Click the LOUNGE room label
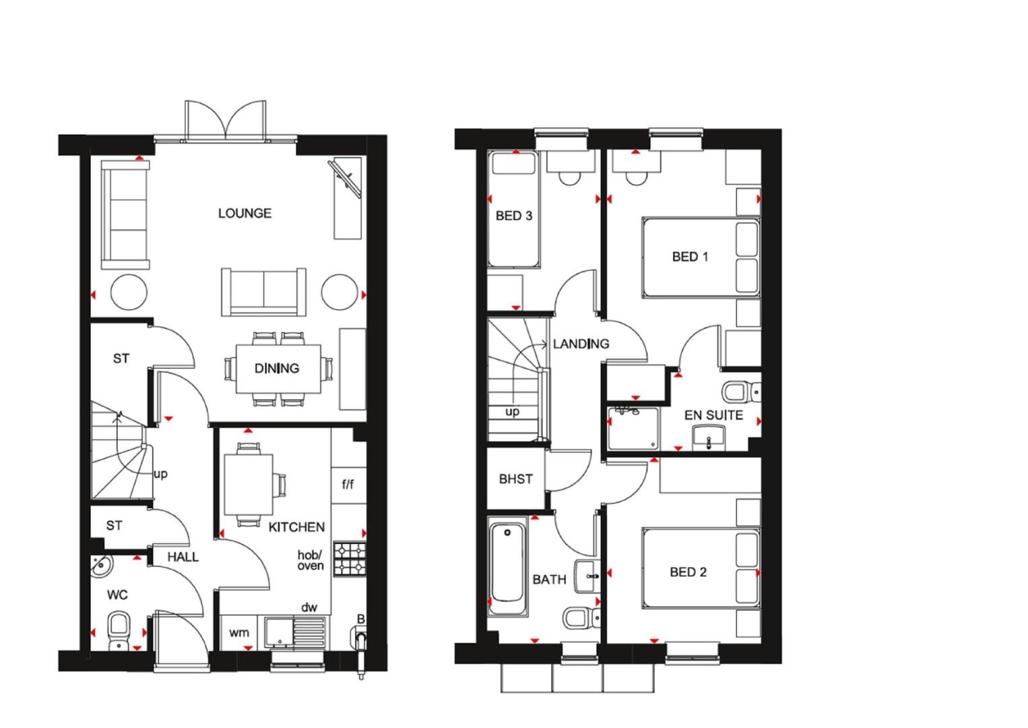coord(245,213)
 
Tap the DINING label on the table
coord(277,368)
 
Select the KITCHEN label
coord(296,526)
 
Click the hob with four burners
coord(350,559)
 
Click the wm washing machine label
coord(238,632)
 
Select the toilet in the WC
coord(119,627)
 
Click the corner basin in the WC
coord(100,566)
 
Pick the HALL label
coord(183,557)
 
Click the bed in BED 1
coord(701,257)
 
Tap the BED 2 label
coord(688,572)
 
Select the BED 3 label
coord(513,216)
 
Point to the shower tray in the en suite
coord(633,427)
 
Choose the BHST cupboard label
coord(515,479)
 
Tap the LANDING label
coord(581,344)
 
